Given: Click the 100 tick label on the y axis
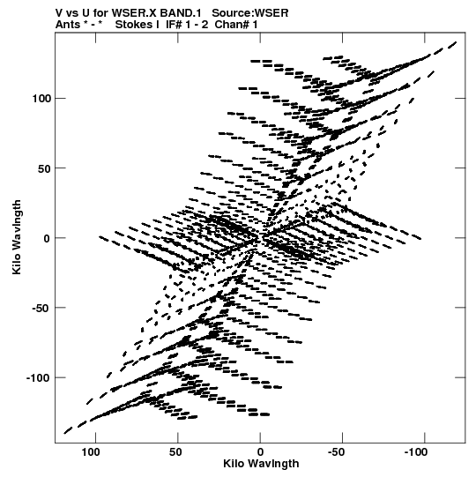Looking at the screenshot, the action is coord(41,99).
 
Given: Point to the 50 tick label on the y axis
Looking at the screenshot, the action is coord(44,168).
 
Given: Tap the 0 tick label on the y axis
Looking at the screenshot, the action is coord(47,238).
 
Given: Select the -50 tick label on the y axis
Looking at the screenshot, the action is coord(41,309).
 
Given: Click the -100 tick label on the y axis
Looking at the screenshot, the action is coord(39,378).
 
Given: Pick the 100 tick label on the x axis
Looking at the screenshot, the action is coord(91,452).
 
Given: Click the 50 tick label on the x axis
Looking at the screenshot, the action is coord(175,452).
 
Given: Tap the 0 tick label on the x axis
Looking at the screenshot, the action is coord(260,452).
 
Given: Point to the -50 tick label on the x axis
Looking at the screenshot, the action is coord(336,452).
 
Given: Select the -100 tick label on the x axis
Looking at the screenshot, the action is coord(415,452).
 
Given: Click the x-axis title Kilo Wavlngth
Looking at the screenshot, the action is coord(261,464).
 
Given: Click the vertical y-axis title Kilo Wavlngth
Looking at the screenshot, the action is coord(17,237).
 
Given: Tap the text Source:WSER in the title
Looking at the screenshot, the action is coord(250,13).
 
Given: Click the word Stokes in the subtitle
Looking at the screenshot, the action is coord(134,25).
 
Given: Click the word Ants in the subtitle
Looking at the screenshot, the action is coord(68,25).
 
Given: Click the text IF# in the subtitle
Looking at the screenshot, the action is coord(174,25).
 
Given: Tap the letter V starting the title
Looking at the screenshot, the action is coord(59,13).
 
